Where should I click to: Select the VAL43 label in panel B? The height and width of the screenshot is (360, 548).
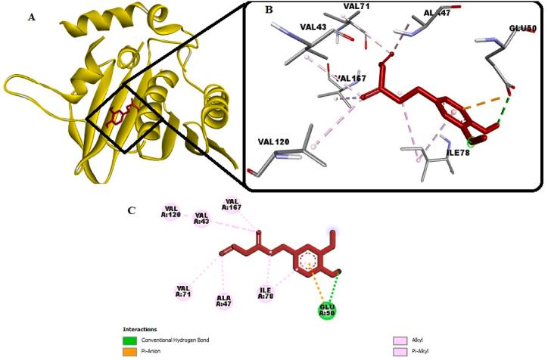pos(313,28)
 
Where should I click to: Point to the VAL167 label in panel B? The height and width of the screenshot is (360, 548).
pos(350,78)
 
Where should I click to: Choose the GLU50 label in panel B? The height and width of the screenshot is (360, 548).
pos(522,28)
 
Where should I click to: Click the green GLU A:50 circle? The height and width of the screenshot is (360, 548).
pos(326,311)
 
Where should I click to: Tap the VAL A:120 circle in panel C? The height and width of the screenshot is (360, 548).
pos(172,213)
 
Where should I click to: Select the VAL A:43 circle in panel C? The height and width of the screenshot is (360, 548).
pos(201,219)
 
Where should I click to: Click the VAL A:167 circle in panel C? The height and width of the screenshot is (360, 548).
pos(232,205)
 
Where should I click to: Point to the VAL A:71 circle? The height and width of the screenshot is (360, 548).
pos(183,290)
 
